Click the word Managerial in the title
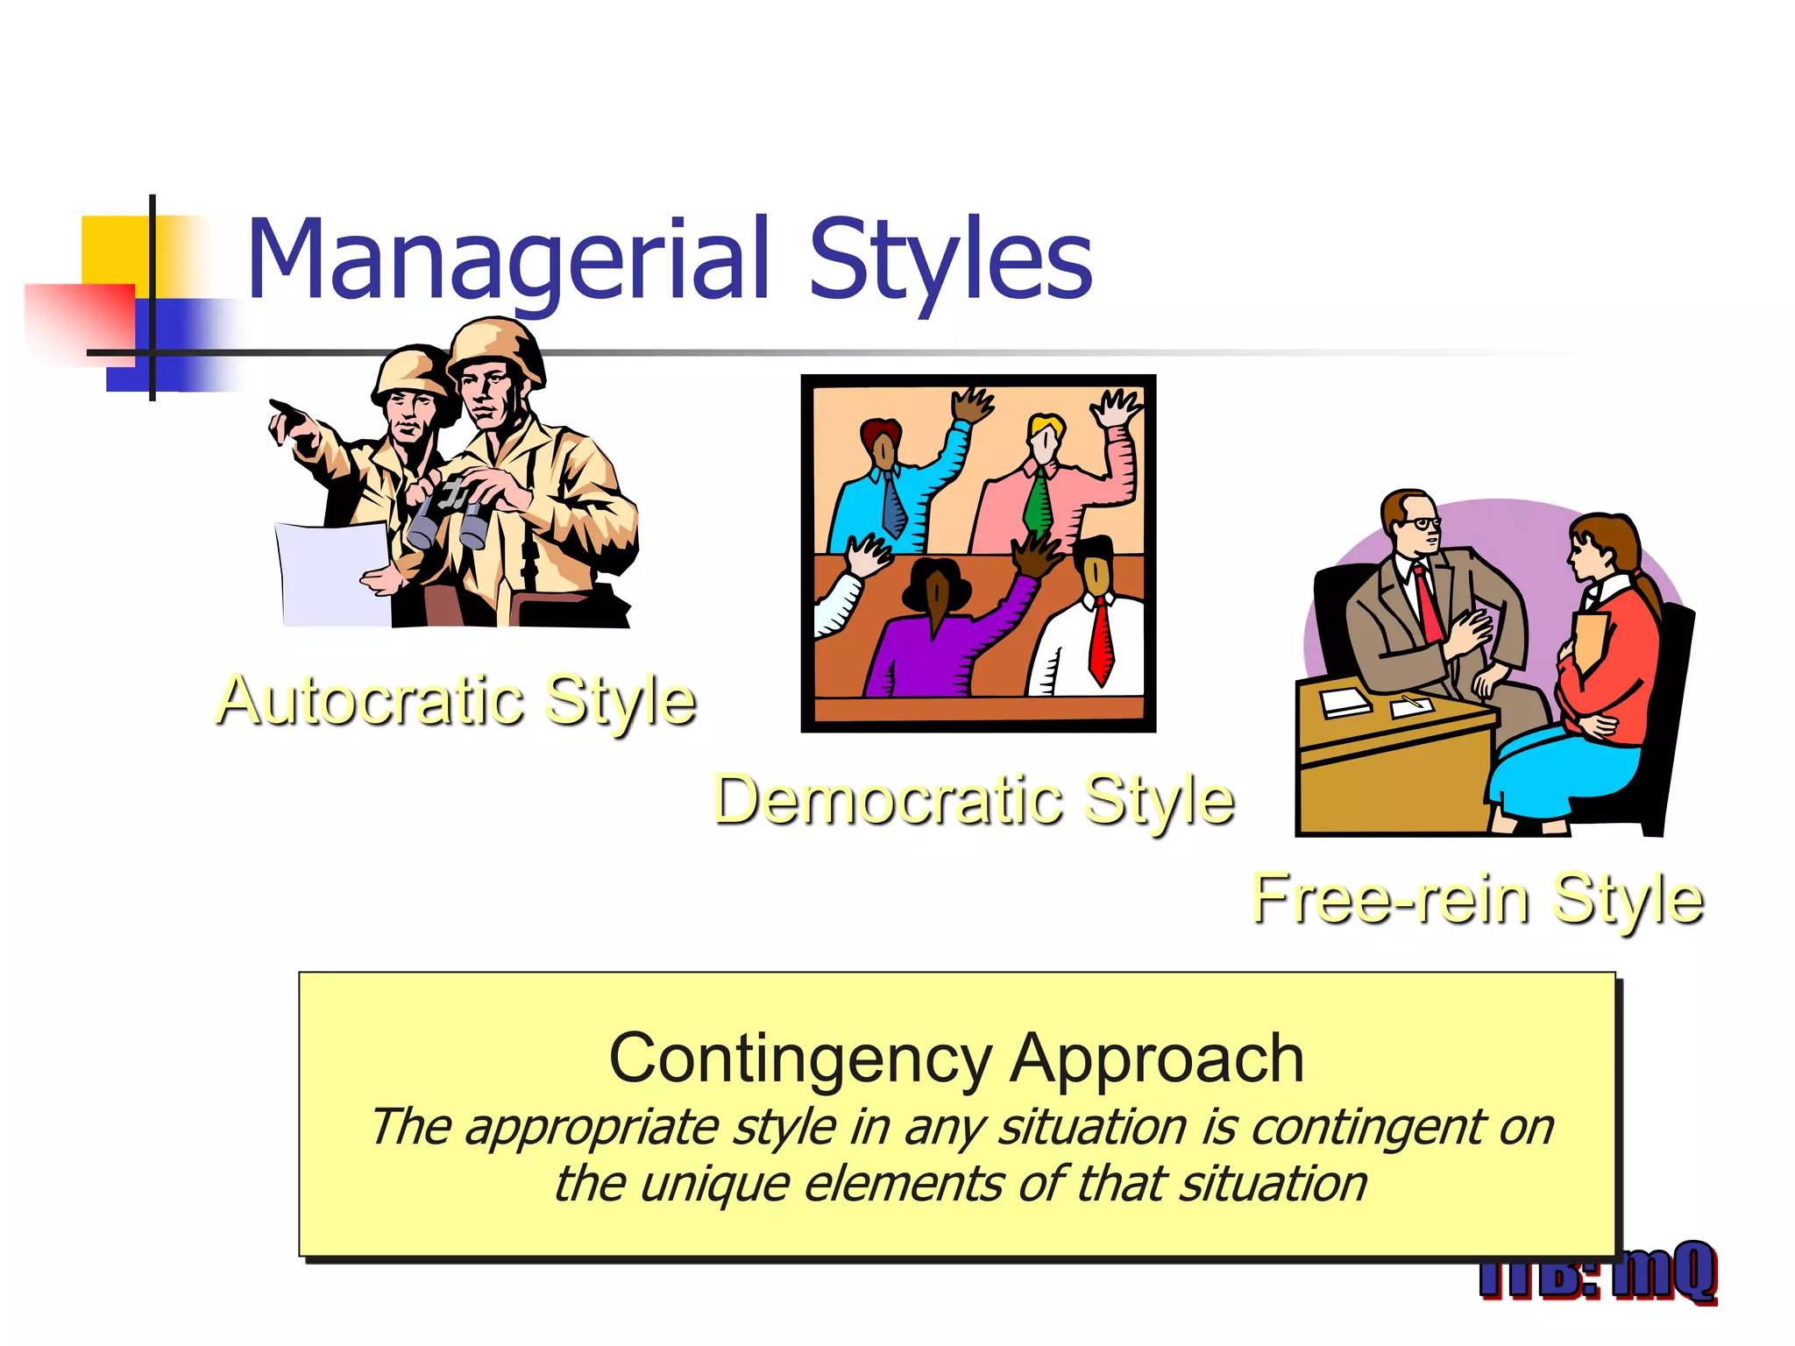508,259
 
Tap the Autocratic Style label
456,701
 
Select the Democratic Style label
973,799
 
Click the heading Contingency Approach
956,1059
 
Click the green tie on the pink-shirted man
1038,504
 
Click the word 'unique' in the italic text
714,1185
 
